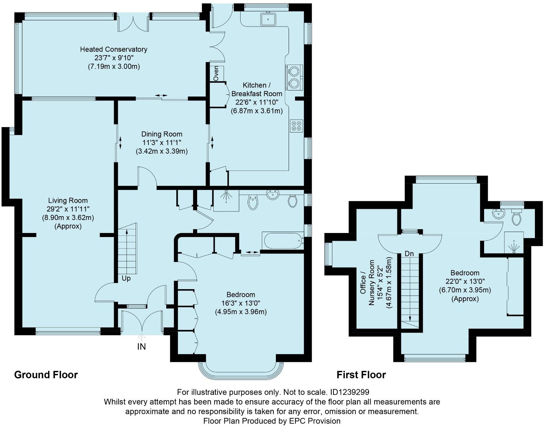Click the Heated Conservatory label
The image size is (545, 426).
114,49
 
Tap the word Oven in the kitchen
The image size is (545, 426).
216,73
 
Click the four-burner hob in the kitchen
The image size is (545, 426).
296,125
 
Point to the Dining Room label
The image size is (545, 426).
162,134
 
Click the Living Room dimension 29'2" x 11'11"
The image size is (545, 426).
68,209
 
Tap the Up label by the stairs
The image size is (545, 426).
126,278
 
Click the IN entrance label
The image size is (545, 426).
141,347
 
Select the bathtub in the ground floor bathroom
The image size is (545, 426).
283,240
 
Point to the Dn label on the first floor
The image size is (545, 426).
409,254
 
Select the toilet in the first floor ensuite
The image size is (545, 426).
516,217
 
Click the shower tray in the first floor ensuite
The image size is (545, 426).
514,242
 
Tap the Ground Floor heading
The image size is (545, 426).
46,375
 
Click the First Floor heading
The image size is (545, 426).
361,375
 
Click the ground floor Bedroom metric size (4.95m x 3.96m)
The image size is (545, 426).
241,312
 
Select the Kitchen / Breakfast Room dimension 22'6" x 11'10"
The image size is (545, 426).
257,102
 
